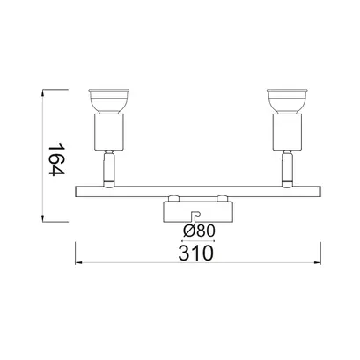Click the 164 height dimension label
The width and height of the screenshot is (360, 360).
(55, 160)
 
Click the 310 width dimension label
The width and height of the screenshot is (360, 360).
(195, 253)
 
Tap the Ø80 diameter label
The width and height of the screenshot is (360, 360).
(199, 231)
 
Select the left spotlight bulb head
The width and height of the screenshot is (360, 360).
(109, 100)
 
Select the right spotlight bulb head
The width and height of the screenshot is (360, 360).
(287, 100)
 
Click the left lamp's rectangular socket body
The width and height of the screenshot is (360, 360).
(109, 132)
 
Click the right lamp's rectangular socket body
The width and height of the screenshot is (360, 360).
(287, 132)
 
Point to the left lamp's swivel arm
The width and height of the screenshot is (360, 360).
(109, 166)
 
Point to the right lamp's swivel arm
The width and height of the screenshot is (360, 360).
(287, 166)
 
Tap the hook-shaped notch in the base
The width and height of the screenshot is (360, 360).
(195, 217)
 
